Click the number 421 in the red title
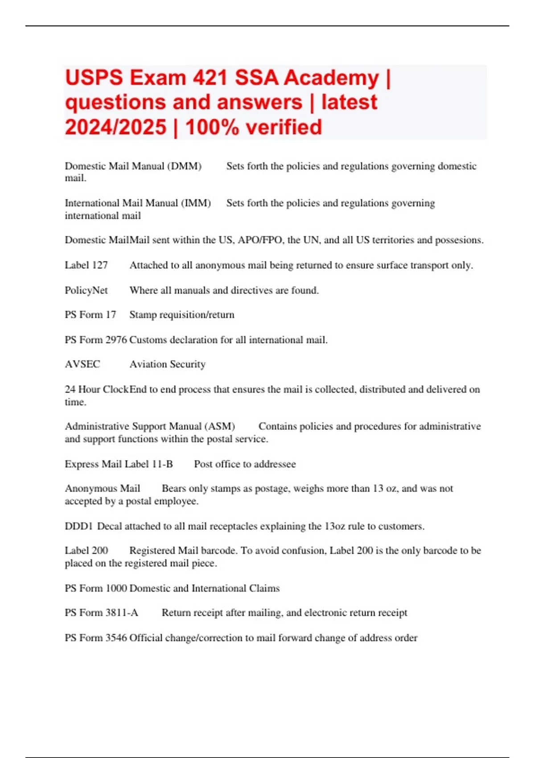[x=210, y=78]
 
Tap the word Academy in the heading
[x=331, y=78]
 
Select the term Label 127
[x=86, y=265]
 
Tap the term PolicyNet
[x=86, y=290]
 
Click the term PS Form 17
[x=90, y=315]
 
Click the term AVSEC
[x=82, y=364]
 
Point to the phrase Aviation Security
[x=167, y=364]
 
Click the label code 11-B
[x=162, y=464]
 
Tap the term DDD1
[x=78, y=526]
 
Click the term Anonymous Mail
[x=102, y=489]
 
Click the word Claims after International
[x=264, y=588]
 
